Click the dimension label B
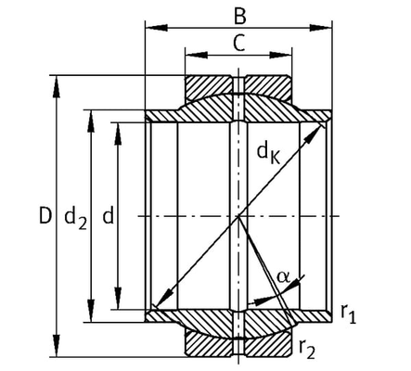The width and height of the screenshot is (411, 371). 240,17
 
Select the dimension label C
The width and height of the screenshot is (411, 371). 238,43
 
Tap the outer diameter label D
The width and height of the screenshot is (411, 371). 45,215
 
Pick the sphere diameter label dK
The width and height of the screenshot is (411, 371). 268,153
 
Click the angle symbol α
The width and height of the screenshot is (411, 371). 284,276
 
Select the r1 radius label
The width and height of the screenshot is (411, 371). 349,313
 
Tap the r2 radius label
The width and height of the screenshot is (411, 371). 307,349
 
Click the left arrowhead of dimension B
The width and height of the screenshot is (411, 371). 157,28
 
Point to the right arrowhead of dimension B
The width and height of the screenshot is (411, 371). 321,28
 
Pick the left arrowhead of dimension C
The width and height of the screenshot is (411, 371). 196,55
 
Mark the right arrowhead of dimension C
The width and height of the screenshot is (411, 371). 280,55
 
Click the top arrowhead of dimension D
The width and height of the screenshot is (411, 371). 57,86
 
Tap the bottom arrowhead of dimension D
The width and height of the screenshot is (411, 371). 57,346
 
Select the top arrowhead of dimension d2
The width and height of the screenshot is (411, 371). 91,122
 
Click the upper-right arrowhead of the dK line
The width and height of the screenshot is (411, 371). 315,134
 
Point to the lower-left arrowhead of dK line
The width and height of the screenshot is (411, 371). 163,299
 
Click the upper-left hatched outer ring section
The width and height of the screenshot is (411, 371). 208,87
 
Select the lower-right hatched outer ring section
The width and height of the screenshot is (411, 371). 268,343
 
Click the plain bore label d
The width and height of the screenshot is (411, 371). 109,215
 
